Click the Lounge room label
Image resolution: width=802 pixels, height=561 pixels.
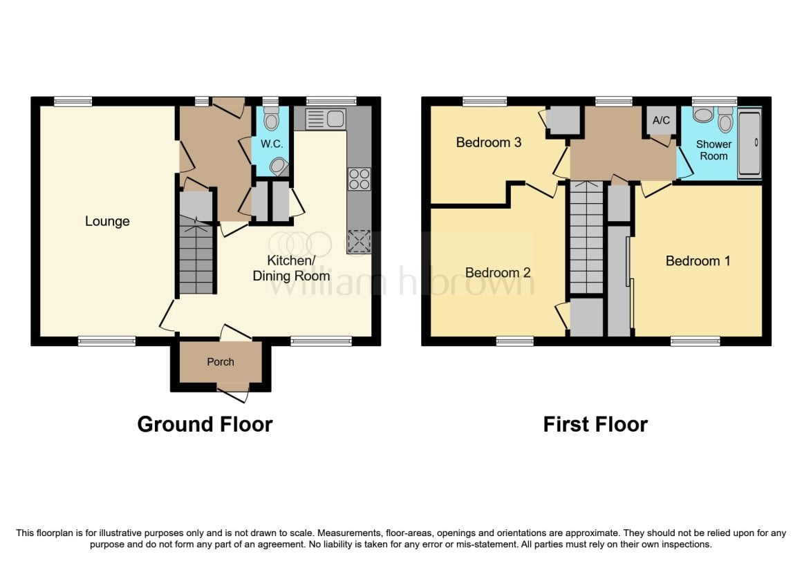click(x=107, y=221)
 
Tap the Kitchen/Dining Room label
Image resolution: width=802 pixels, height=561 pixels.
click(x=292, y=268)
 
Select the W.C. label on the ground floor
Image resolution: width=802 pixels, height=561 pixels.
click(x=272, y=144)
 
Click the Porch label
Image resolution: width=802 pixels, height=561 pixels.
click(x=221, y=362)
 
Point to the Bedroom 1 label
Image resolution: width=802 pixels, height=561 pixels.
click(x=698, y=261)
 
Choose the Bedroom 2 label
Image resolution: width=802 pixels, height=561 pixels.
click(x=498, y=273)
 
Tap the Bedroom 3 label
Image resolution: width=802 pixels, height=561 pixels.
click(x=489, y=142)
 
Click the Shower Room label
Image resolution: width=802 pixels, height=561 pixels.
click(x=714, y=150)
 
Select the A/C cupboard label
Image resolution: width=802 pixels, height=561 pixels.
click(x=661, y=120)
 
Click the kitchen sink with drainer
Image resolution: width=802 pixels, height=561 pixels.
click(x=326, y=119)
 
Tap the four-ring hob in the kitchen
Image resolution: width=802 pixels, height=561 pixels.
click(x=359, y=179)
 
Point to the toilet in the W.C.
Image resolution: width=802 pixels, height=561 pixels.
click(x=271, y=118)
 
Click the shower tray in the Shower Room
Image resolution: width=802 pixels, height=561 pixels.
click(x=749, y=144)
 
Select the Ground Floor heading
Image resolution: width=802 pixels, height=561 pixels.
click(x=205, y=425)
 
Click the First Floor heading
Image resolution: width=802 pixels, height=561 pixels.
click(x=595, y=425)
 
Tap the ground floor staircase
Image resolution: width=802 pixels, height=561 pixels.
click(x=196, y=254)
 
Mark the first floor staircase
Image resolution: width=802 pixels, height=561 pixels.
click(x=587, y=238)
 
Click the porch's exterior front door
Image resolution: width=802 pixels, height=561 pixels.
click(x=233, y=393)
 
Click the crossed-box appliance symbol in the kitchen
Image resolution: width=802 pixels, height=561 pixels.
click(x=359, y=242)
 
